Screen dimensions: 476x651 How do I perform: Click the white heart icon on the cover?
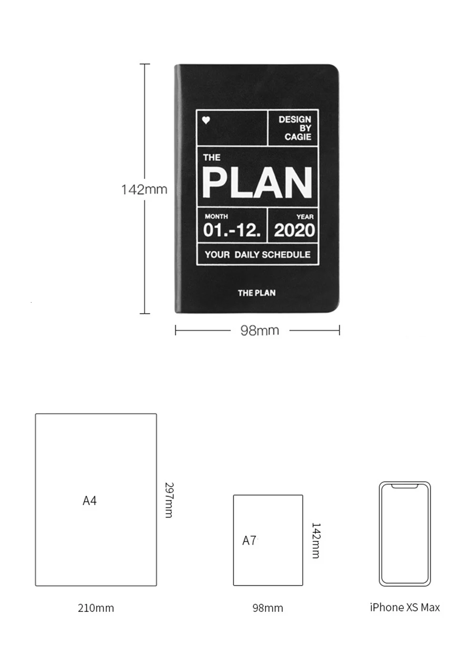[x=206, y=120]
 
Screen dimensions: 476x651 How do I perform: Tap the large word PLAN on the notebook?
[x=257, y=183]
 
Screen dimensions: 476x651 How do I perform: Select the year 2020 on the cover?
[x=294, y=230]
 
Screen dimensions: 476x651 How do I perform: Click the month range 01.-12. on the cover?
[x=232, y=230]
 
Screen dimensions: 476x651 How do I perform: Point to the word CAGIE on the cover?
[x=298, y=137]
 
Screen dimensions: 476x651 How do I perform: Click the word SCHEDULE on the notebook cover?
[x=286, y=254]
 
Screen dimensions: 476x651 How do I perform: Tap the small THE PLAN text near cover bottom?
[x=257, y=293]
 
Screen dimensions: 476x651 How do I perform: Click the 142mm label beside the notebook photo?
[x=144, y=190]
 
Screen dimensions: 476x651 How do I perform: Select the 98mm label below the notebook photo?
[x=260, y=330]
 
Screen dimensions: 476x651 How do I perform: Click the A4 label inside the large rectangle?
[x=89, y=501]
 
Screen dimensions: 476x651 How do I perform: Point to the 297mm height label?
[x=169, y=500]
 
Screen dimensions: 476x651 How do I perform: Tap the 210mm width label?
[x=96, y=608]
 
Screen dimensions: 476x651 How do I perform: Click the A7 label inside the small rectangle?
[x=249, y=540]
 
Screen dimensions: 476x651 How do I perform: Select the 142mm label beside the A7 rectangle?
[x=316, y=540]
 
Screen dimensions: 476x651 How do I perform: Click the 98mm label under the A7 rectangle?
[x=268, y=608]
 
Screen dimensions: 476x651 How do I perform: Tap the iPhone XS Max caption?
[x=405, y=608]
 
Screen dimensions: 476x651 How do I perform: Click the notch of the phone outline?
[x=405, y=486]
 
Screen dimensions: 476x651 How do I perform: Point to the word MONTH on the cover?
[x=216, y=216]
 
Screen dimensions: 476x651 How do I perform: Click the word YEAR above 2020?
[x=305, y=217]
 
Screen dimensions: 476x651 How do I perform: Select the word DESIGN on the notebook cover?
[x=295, y=120]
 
